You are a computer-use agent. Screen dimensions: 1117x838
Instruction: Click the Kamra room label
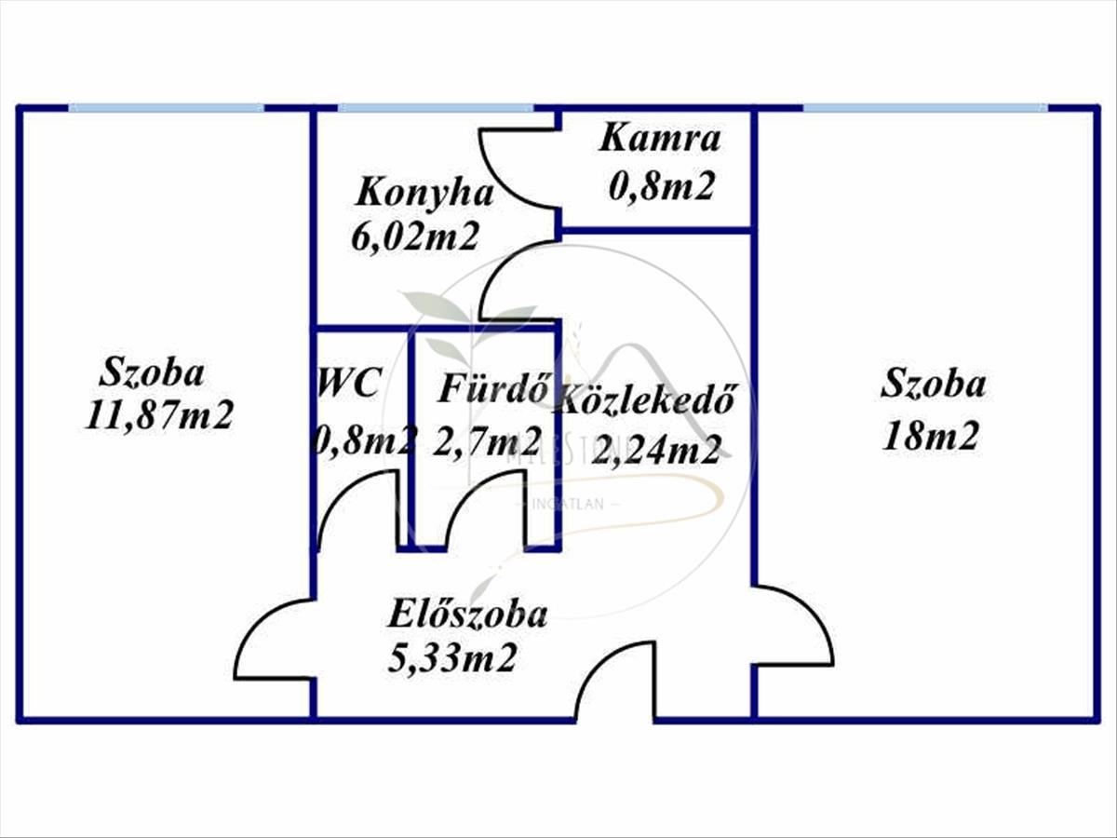660,139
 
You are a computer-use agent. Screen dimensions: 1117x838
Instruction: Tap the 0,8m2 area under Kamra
661,187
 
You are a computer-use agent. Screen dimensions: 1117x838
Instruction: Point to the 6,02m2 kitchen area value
414,237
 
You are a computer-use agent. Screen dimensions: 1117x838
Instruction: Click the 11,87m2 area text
158,415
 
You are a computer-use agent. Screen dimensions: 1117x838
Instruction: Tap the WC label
349,383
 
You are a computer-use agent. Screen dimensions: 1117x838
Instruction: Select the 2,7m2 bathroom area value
487,438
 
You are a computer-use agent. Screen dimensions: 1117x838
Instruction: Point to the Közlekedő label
647,399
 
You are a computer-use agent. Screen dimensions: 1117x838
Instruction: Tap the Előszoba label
467,615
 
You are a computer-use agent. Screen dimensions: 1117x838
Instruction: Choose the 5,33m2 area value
452,659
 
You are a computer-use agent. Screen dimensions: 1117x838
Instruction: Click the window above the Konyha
435,108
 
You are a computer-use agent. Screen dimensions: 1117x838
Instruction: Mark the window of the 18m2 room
924,108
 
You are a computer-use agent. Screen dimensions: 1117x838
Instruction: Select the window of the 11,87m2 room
166,108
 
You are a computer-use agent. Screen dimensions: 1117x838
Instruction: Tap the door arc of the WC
358,507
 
